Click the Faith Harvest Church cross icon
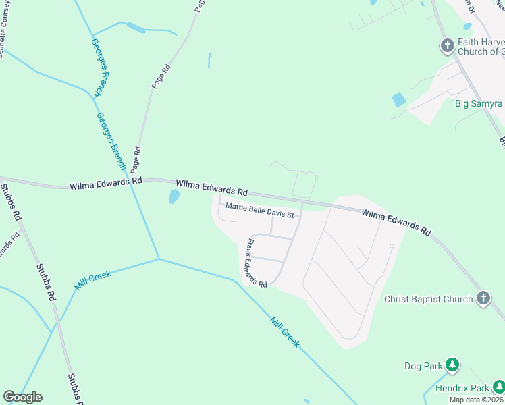coord(447,46)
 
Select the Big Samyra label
coord(479,103)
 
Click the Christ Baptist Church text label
coord(428,299)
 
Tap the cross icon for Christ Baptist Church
coord(483,298)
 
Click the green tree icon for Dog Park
coord(452,367)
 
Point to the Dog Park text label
coord(423,367)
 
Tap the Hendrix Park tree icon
coord(498,387)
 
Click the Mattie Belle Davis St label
coord(260,210)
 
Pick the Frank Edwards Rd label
coord(257,263)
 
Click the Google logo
coord(22,397)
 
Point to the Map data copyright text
coord(477,400)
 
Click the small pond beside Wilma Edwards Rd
coord(174,196)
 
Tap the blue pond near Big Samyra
coord(399,100)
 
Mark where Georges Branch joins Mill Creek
coord(159,259)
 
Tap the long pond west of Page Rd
coord(135,28)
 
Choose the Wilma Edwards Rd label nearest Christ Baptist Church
coord(396,222)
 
